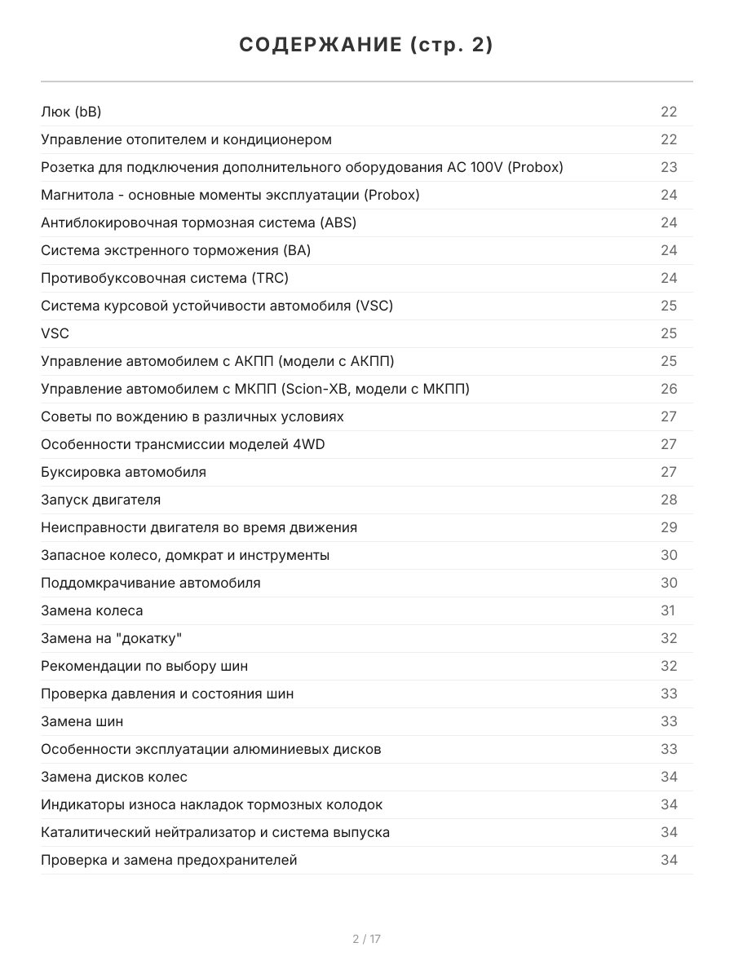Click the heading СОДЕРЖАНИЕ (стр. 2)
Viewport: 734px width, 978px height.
point(366,46)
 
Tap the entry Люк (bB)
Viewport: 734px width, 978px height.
point(71,112)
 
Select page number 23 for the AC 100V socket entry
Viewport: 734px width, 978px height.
point(669,167)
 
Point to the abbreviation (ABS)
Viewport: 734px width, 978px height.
point(338,222)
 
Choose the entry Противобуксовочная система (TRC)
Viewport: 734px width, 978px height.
point(165,278)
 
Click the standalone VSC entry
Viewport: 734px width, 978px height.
point(55,333)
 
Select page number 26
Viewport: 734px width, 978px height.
point(669,389)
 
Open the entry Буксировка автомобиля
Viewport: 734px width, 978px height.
point(123,472)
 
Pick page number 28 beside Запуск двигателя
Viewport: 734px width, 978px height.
point(669,500)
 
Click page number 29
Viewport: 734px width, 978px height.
point(669,527)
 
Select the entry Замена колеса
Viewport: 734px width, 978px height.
point(92,610)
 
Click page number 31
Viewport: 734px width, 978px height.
point(668,610)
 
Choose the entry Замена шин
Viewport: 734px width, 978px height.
point(82,721)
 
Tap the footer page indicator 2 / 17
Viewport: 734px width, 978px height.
point(366,939)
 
